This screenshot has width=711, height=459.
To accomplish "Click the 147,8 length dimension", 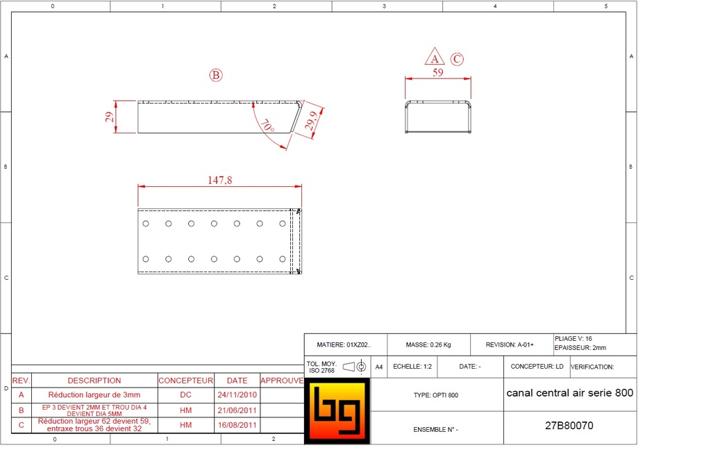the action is coord(220,180).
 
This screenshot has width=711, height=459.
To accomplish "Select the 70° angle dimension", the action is coord(267,126).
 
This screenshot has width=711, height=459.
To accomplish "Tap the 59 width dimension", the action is coord(437,72).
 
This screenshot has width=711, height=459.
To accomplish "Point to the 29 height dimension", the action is coord(109,117).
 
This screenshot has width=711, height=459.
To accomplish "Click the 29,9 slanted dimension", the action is coord(312,121).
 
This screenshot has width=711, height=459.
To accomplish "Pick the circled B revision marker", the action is coord(216,75).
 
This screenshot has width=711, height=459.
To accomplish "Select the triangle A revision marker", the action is coord(435,57).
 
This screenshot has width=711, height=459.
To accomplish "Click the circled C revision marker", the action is coord(457,59).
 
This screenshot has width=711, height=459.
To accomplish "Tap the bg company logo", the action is coord(337,411).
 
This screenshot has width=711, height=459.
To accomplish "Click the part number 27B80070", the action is coord(569,426).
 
